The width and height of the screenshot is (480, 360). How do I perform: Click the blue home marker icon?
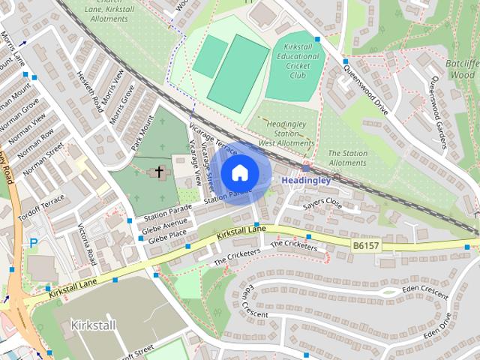(x=239, y=172)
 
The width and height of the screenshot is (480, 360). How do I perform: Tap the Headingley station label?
(x=305, y=181)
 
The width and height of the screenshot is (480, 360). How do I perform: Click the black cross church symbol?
(x=158, y=173)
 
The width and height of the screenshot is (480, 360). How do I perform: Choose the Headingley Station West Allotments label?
(x=286, y=133)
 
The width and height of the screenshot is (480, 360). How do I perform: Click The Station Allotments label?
(x=348, y=157)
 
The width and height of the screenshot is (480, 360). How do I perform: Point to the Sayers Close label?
(x=322, y=204)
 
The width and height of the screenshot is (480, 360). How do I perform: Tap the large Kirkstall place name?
(x=94, y=325)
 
